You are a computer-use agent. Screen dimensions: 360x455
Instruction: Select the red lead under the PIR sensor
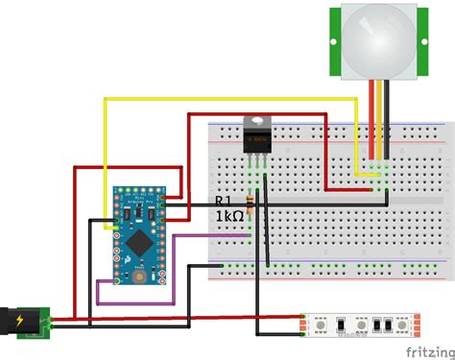pyautogui.click(x=371, y=115)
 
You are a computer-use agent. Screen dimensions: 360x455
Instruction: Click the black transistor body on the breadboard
pyautogui.click(x=256, y=143)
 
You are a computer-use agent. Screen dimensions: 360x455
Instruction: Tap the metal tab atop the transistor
pyautogui.click(x=256, y=122)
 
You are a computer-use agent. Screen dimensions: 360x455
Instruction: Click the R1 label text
pyautogui.click(x=223, y=201)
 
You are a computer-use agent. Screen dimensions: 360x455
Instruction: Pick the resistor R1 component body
pyautogui.click(x=251, y=204)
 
